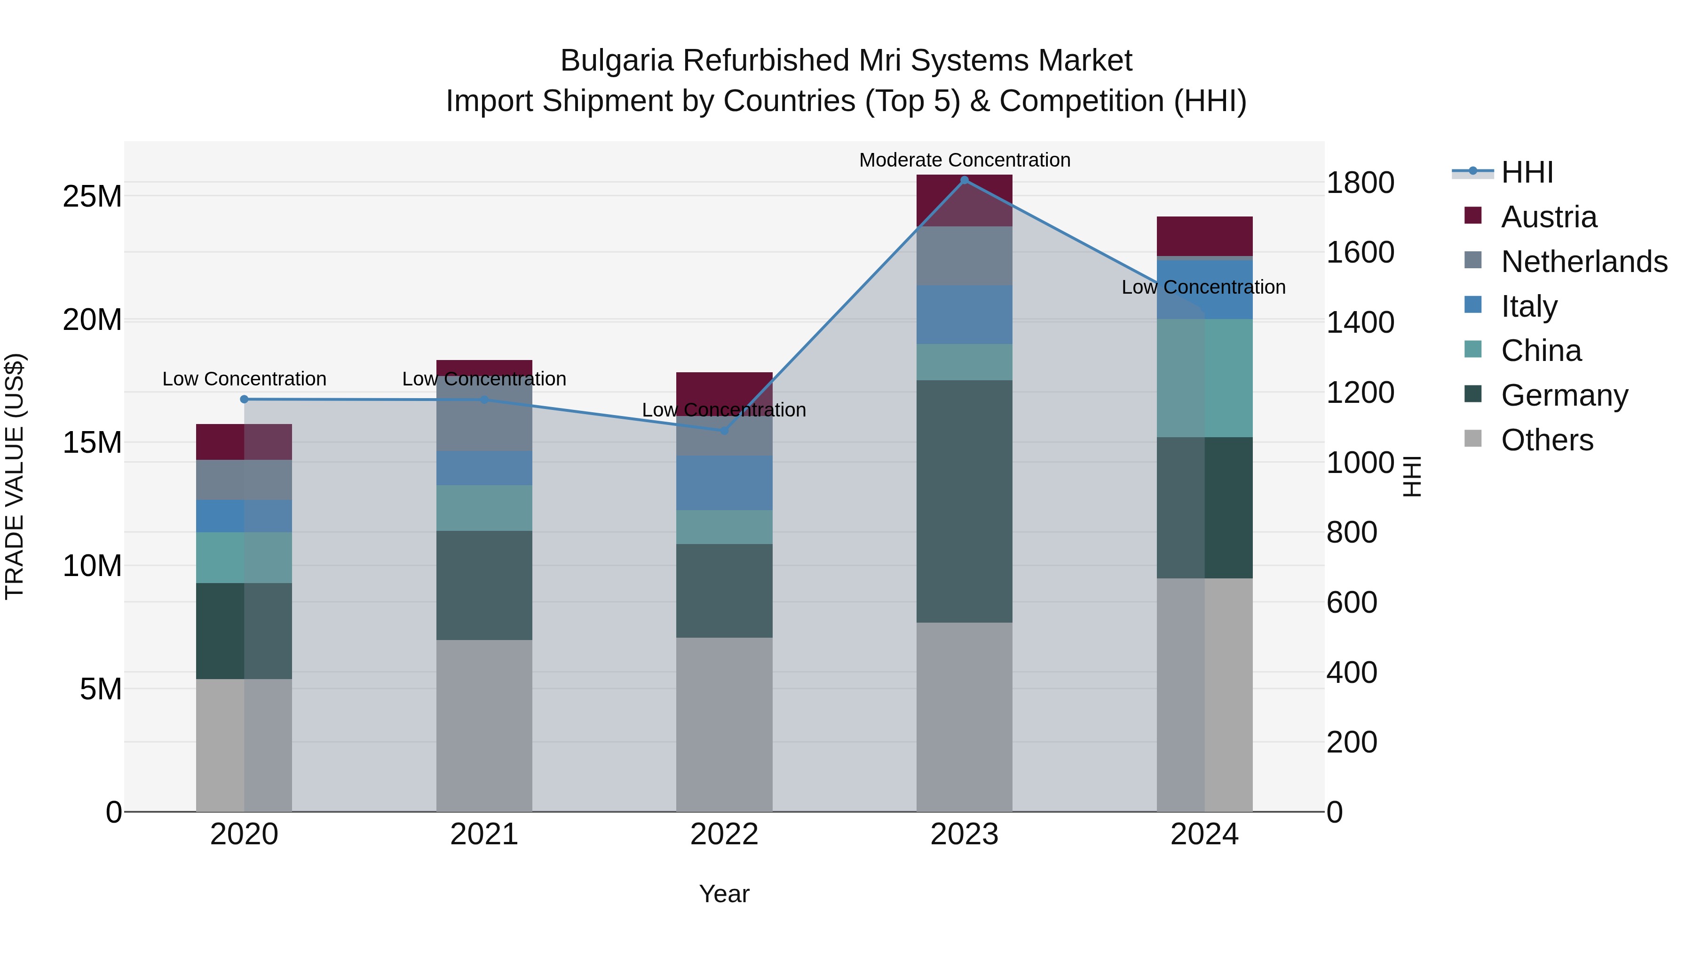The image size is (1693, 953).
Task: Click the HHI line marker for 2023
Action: coord(964,180)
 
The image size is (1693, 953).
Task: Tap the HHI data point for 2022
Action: coord(724,431)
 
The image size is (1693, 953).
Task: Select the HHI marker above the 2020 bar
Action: coord(244,399)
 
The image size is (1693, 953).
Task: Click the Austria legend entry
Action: coord(1549,217)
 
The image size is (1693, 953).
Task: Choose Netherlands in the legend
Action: coord(1584,262)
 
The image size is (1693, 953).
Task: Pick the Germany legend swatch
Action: coord(1473,395)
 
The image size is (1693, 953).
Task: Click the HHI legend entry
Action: coord(1527,172)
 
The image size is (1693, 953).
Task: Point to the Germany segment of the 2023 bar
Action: coord(964,501)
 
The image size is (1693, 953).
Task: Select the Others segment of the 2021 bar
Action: coord(484,725)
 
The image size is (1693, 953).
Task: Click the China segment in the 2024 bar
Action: coord(1204,378)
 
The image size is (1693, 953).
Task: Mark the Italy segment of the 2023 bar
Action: coord(964,314)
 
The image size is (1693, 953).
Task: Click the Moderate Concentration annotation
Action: coord(964,160)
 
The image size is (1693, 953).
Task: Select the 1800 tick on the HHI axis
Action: coord(1359,183)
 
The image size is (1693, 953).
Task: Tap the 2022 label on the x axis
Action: coord(724,834)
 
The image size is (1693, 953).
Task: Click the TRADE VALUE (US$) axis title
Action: coord(15,476)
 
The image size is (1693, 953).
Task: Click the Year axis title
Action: coord(724,894)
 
